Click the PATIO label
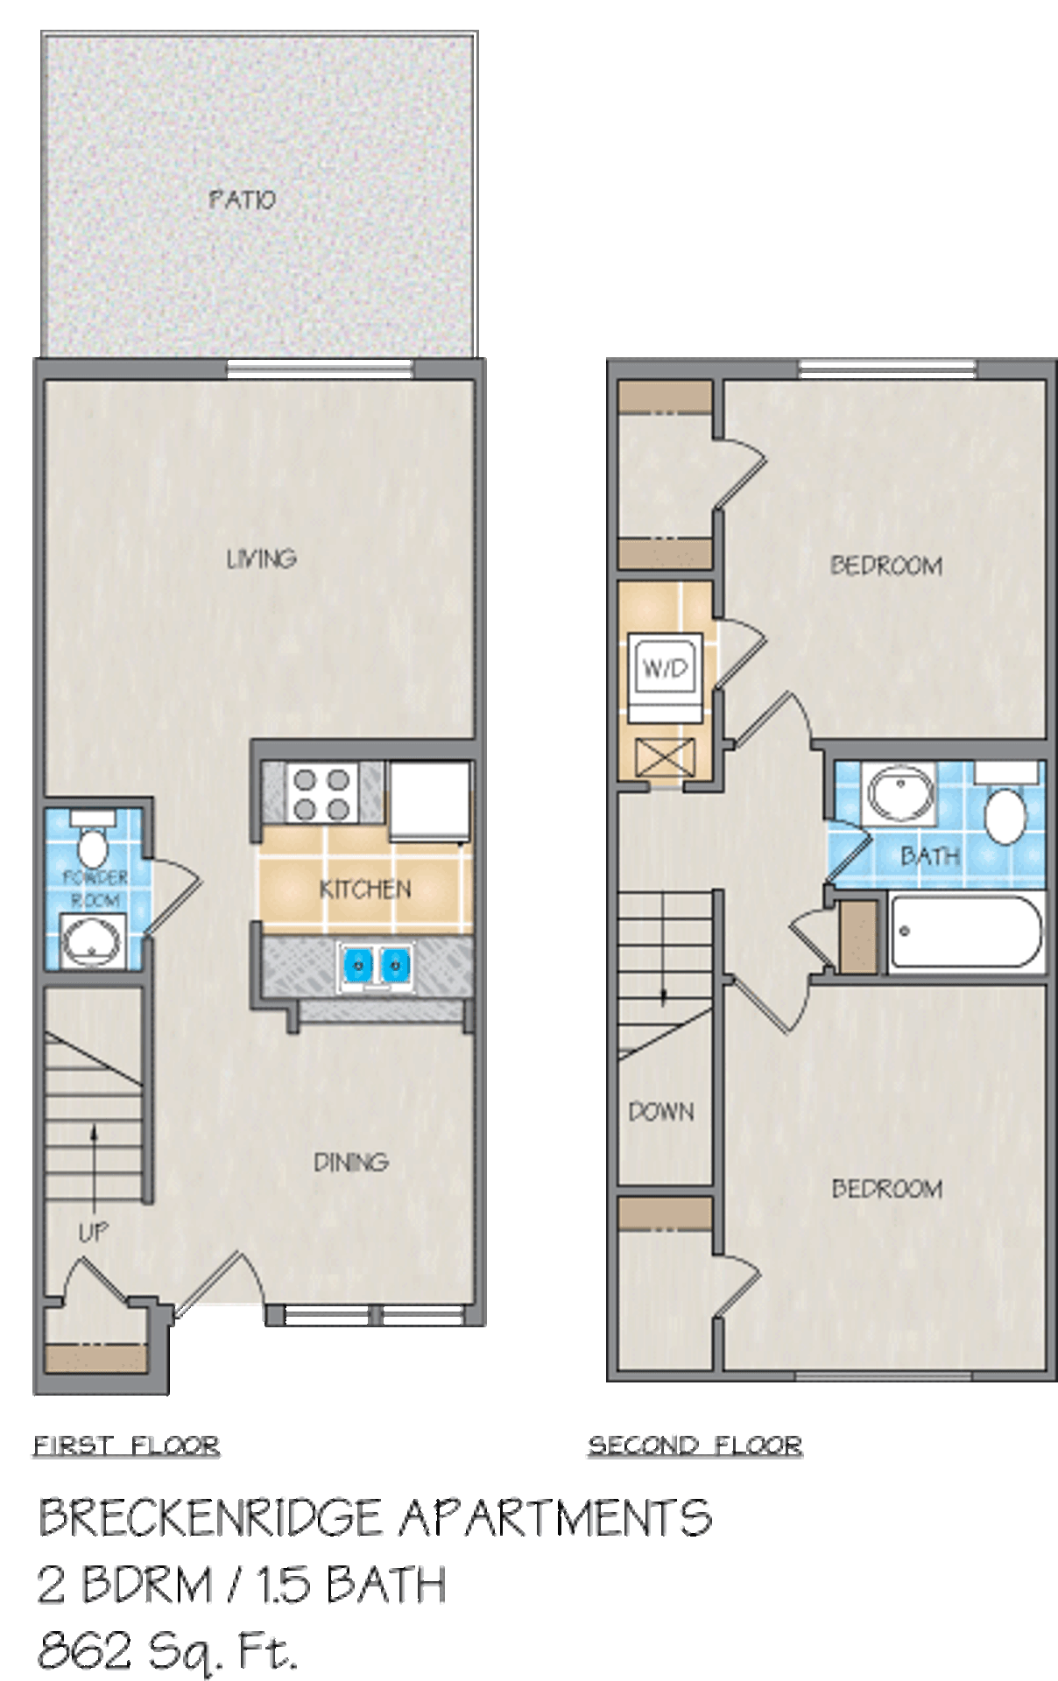click(243, 200)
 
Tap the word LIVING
click(261, 559)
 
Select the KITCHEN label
click(365, 890)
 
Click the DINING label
click(350, 1162)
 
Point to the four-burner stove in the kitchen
click(322, 792)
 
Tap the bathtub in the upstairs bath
click(966, 932)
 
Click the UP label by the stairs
click(93, 1233)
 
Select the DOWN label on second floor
click(661, 1112)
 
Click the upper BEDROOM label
click(886, 566)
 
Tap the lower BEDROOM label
click(886, 1188)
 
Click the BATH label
click(930, 855)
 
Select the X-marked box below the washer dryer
click(666, 757)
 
